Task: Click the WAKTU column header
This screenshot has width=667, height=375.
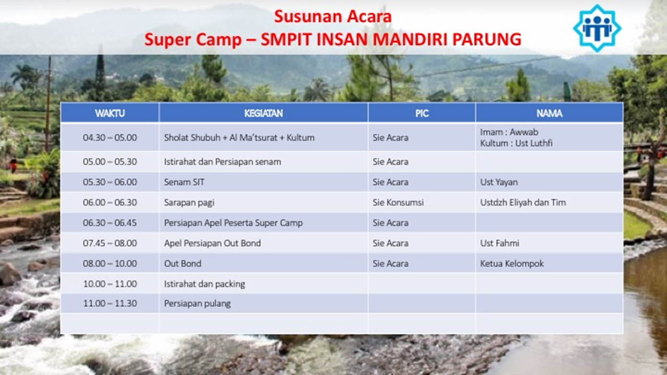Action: pyautogui.click(x=110, y=114)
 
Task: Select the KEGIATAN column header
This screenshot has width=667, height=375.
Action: pyautogui.click(x=264, y=114)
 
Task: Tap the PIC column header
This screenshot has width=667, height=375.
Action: pyautogui.click(x=422, y=114)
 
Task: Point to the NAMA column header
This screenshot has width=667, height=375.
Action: pyautogui.click(x=549, y=114)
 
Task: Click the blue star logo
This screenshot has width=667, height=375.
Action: pyautogui.click(x=597, y=29)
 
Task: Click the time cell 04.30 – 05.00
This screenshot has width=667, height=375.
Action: pyautogui.click(x=110, y=138)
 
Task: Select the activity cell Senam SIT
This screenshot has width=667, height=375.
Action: pyautogui.click(x=184, y=182)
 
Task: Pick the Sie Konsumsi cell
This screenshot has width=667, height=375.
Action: pyautogui.click(x=398, y=203)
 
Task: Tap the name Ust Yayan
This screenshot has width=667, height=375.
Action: pyautogui.click(x=499, y=182)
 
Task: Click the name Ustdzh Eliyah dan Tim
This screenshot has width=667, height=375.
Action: pyautogui.click(x=523, y=203)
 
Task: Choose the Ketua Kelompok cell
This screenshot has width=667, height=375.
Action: pyautogui.click(x=512, y=264)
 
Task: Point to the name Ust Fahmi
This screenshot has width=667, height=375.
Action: pyautogui.click(x=500, y=243)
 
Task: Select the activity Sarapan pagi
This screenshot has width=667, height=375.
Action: pyautogui.click(x=189, y=203)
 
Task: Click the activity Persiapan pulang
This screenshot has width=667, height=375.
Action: pyautogui.click(x=197, y=304)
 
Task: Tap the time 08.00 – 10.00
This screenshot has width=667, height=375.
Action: pyautogui.click(x=110, y=264)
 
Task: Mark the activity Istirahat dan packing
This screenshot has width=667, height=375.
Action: pyautogui.click(x=205, y=284)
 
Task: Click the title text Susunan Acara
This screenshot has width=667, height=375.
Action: pyautogui.click(x=332, y=16)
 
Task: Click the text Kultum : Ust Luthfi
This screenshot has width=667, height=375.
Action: pyautogui.click(x=516, y=143)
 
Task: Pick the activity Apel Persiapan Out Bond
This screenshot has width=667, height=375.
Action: pyautogui.click(x=212, y=243)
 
